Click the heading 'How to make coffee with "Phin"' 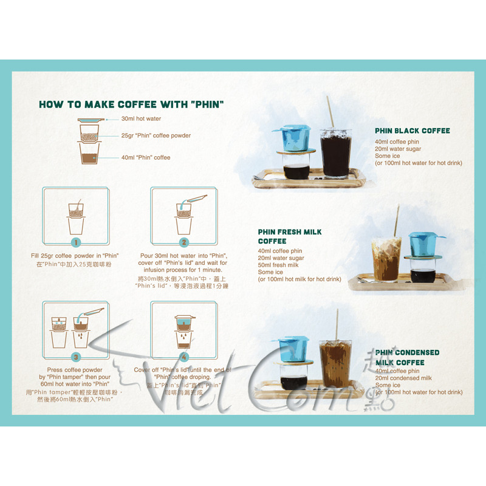click(131, 104)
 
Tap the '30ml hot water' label click(141, 119)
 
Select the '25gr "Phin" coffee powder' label click(156, 136)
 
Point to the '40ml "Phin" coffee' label click(146, 158)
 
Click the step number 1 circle click(76, 242)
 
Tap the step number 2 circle click(183, 242)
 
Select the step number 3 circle click(76, 357)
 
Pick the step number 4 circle click(183, 357)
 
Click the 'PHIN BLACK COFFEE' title click(412, 131)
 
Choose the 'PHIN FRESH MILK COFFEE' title click(290, 236)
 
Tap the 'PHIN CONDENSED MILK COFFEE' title click(407, 357)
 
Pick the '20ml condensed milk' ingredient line click(403, 378)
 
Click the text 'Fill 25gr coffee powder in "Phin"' click(75, 256)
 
